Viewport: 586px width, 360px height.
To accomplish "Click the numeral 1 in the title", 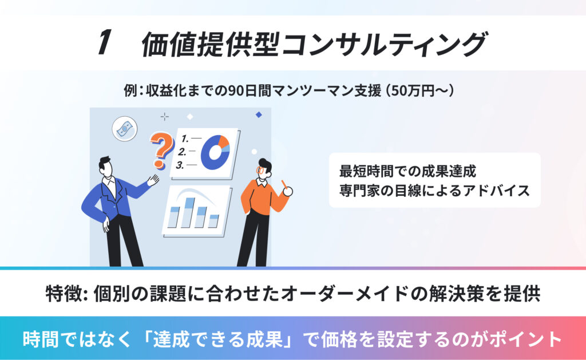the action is coord(104,42).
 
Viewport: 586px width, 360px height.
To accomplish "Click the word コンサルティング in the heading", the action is coord(385,44).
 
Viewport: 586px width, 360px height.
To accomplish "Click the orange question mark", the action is coord(161,150).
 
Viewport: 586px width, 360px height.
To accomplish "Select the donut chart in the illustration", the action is coord(215,152).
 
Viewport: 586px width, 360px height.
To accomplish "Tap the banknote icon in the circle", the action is coord(124,129).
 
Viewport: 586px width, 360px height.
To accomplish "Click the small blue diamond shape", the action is coord(259,115).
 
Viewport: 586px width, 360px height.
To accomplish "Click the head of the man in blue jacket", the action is coord(106,168).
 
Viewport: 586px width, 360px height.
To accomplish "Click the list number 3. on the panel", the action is coord(181,165).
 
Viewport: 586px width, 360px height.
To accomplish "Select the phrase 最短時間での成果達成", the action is coord(407,171).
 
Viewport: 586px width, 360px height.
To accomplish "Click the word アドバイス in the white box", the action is coord(496,191).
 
